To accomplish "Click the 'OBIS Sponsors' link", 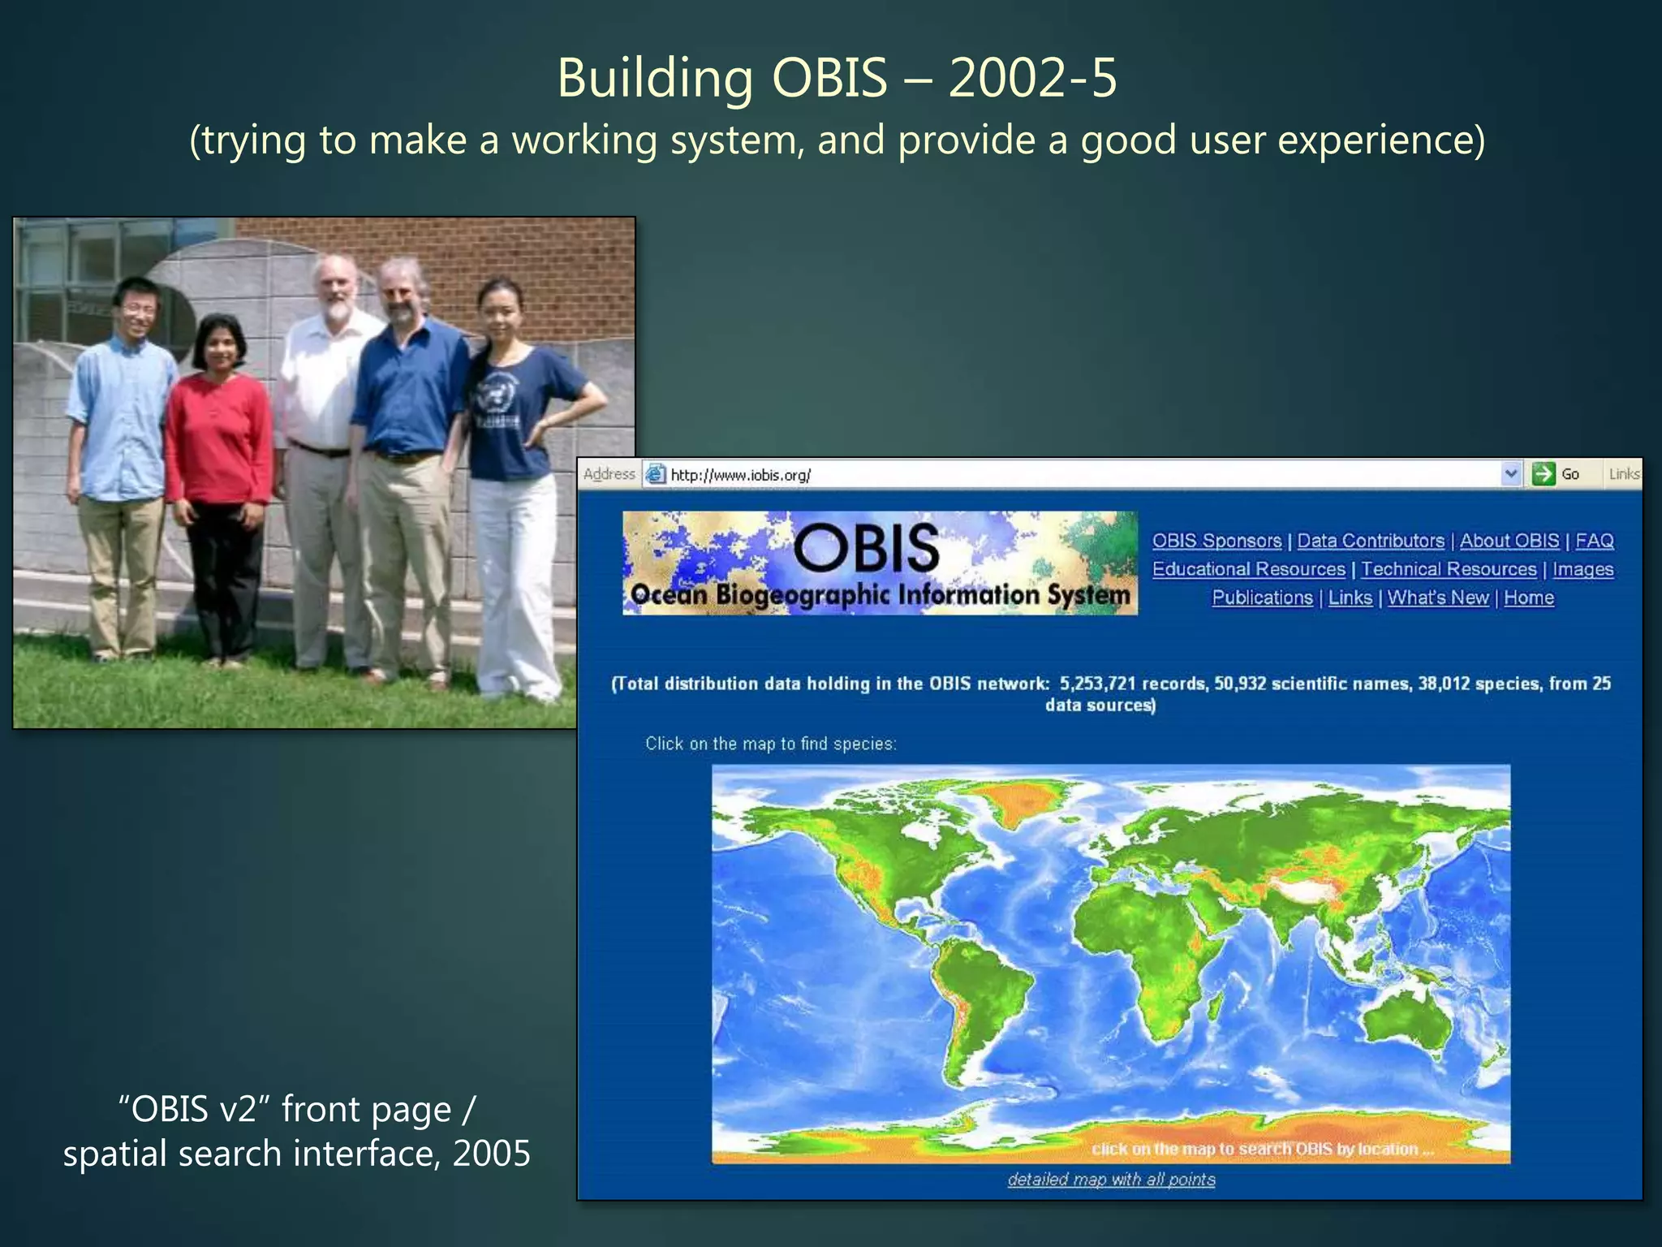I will click(x=1216, y=541).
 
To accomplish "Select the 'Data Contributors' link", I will click(x=1371, y=541).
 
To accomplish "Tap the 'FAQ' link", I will click(x=1594, y=541).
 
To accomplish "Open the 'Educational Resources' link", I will click(x=1248, y=569).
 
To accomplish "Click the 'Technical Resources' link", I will click(x=1449, y=569).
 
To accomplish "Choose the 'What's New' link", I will click(x=1438, y=598).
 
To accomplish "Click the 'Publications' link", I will click(x=1262, y=598).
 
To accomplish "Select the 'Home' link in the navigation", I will click(x=1529, y=598).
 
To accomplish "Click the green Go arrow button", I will click(x=1544, y=473).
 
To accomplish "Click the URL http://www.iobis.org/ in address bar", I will click(x=740, y=475).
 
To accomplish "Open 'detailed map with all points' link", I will click(x=1111, y=1179).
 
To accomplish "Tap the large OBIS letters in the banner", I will click(x=866, y=548).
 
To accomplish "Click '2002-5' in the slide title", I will click(x=1032, y=79).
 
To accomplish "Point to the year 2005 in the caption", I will click(x=492, y=1153).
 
